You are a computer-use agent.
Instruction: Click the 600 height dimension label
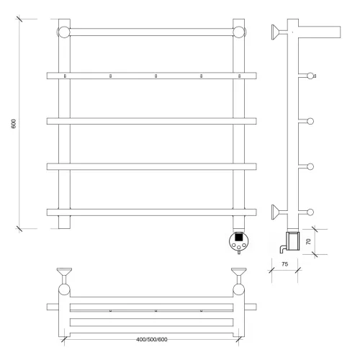click(x=14, y=124)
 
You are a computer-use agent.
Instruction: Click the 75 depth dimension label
click(x=284, y=264)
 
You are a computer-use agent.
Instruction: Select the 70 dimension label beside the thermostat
click(x=308, y=241)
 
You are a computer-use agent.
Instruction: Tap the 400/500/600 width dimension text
click(x=152, y=339)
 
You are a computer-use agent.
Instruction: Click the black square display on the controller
click(x=238, y=237)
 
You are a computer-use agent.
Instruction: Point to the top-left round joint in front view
click(x=64, y=32)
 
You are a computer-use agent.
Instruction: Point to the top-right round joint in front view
click(x=239, y=32)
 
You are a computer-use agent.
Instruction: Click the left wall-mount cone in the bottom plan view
click(x=64, y=271)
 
